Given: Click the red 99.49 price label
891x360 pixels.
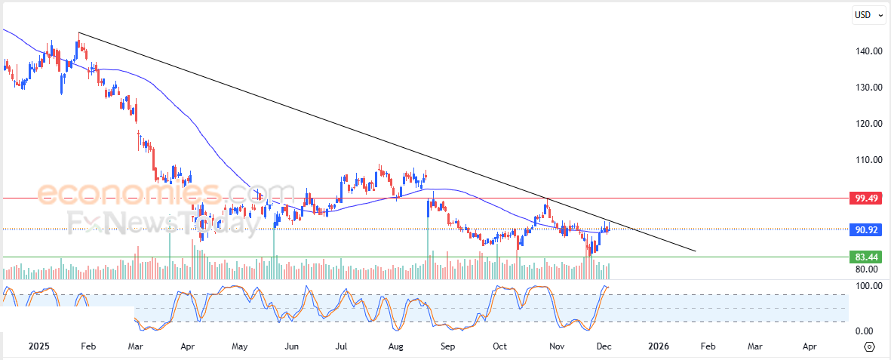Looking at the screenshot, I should pos(865,198).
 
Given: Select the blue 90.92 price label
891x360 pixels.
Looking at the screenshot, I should pos(865,229).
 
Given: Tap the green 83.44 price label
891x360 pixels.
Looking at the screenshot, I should pos(865,257).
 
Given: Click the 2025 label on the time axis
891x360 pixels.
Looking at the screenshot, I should pos(39,346).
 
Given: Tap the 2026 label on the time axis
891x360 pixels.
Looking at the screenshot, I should pos(659,346).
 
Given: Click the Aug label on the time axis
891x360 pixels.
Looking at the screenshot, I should pos(395,346).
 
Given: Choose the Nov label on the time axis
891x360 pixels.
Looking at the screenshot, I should pos(557,346).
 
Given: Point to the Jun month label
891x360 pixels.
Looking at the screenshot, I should pos(292,346).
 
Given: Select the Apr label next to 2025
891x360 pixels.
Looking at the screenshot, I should pos(189,346).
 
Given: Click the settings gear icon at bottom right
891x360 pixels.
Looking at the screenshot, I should pos(869,346).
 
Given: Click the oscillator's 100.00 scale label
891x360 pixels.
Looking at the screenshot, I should pos(869,286).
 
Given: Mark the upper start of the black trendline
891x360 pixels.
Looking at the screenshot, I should pos(79,33).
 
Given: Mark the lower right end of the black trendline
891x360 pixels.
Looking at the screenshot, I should pos(695,251).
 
